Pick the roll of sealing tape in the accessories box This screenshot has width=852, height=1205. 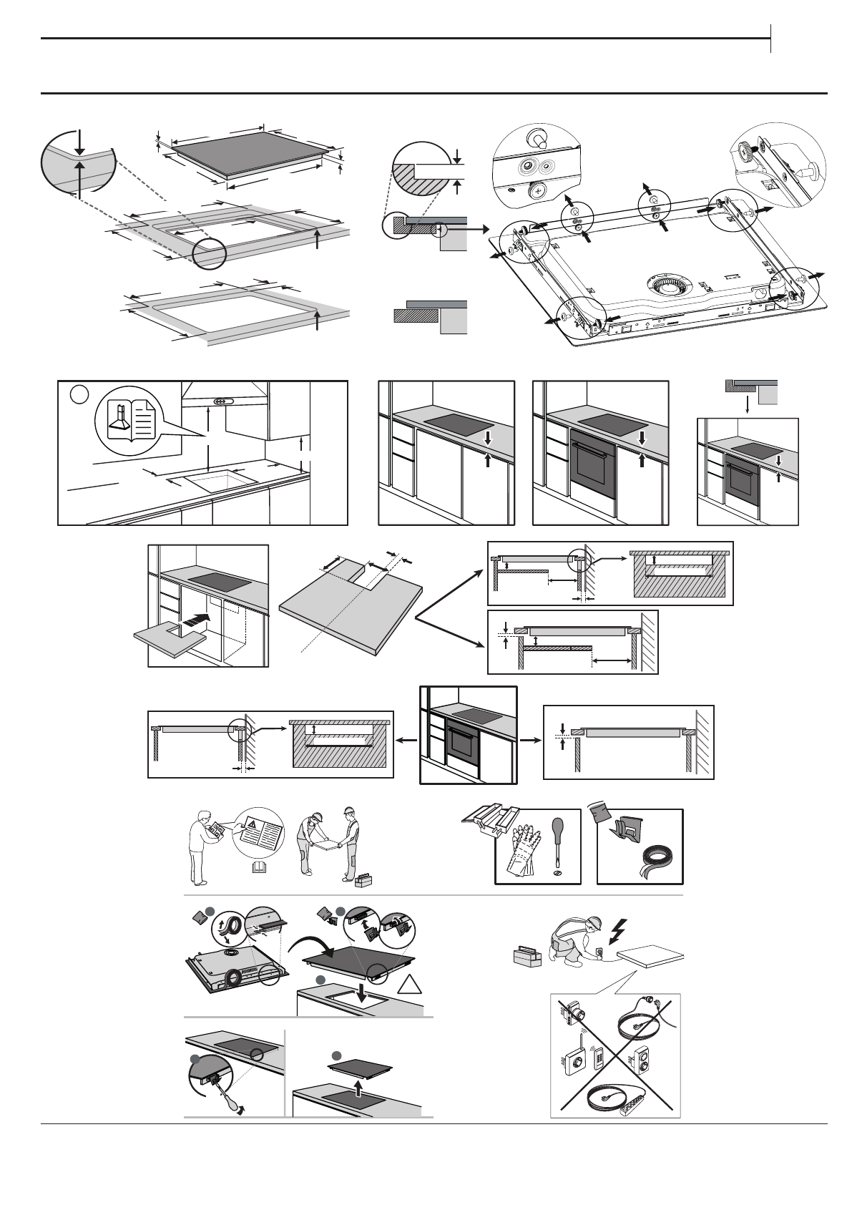pos(658,858)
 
